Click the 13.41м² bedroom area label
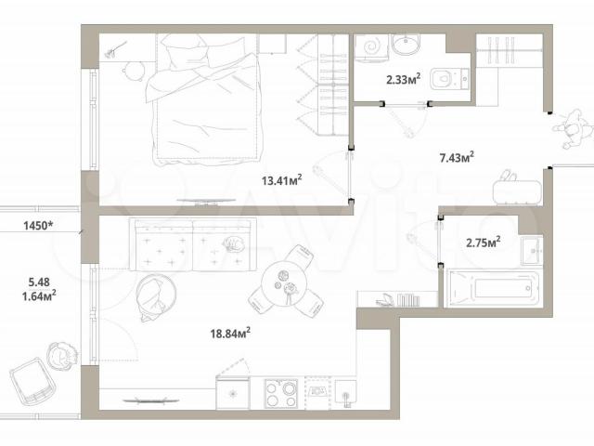coord(281,179)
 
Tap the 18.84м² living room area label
coord(230,333)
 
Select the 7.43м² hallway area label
coord(457,157)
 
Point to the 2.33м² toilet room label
coord(403,79)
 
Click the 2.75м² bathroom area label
coord(483,242)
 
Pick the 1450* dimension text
coord(38,226)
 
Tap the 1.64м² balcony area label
coord(39,295)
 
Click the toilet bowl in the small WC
coord(449,78)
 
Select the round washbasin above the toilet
coord(406,44)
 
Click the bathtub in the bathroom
coord(494,288)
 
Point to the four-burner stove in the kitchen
coord(281,393)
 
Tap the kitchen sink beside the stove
coord(345,394)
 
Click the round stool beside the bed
coord(134,71)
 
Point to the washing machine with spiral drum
coord(371,47)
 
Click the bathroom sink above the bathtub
coord(532,250)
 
